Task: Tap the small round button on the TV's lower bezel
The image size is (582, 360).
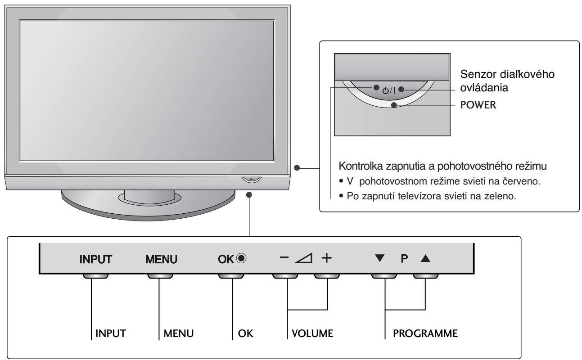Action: (x=252, y=179)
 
